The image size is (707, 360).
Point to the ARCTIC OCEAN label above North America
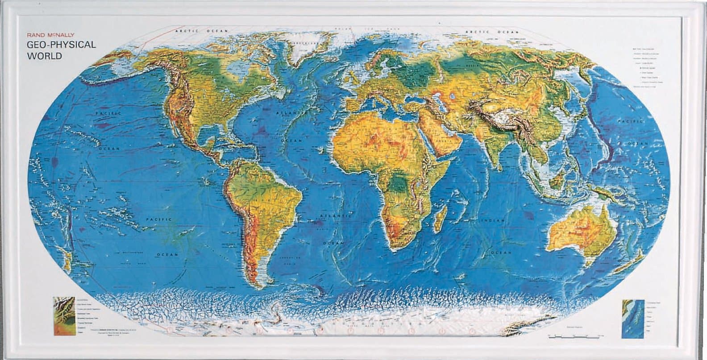tap(196, 31)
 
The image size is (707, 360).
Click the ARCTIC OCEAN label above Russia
tap(491, 32)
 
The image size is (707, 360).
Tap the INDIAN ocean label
tap(492, 221)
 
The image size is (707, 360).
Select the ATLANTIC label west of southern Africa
tap(335, 216)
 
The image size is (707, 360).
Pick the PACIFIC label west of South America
tap(160, 219)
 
